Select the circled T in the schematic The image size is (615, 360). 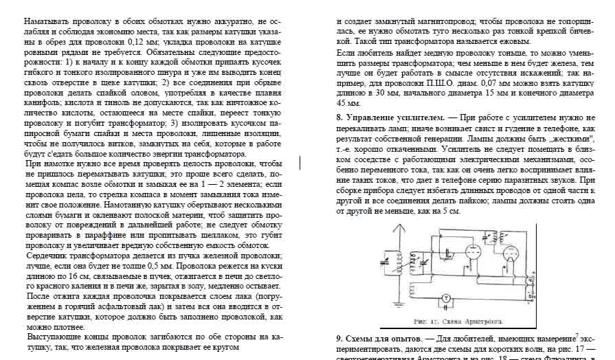445,297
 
